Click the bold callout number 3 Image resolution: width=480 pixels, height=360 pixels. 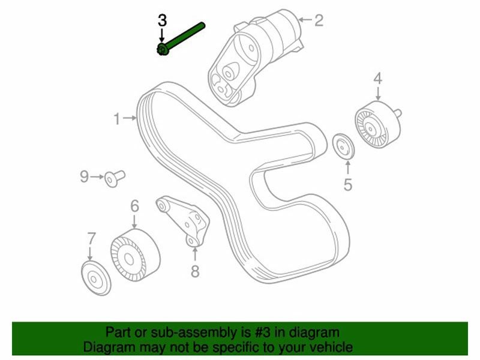coord(162,20)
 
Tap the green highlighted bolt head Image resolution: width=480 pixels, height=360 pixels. coord(161,50)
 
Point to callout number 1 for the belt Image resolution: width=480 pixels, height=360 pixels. coord(117,119)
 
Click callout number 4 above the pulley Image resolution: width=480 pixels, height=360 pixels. coord(378,79)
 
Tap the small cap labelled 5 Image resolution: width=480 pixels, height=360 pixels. coord(343,146)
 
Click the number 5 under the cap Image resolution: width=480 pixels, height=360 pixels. coord(348,185)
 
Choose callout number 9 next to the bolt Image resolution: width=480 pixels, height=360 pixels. coord(85,176)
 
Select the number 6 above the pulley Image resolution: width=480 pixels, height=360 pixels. coord(134,207)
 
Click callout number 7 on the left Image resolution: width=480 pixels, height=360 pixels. coord(91,237)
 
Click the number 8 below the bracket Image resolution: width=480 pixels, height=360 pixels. coord(194,272)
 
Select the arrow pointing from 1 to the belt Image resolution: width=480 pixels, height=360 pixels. coord(130,119)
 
